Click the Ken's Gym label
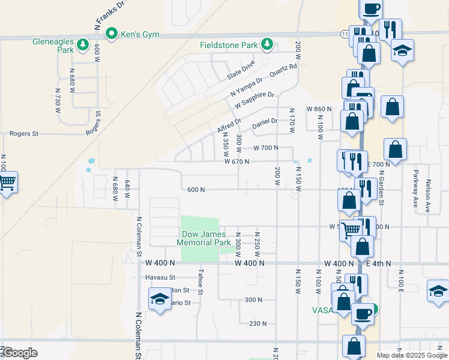pos(140,34)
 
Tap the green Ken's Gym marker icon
pos(111,34)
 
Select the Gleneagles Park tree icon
pos(82,44)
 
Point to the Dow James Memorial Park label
pos(203,238)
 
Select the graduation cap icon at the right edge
pos(438,291)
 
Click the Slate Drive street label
pos(241,70)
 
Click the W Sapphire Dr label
pos(254,100)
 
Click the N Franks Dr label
pos(109,15)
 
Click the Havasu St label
pos(160,277)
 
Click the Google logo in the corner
pos(20,353)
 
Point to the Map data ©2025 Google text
pos(412,355)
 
